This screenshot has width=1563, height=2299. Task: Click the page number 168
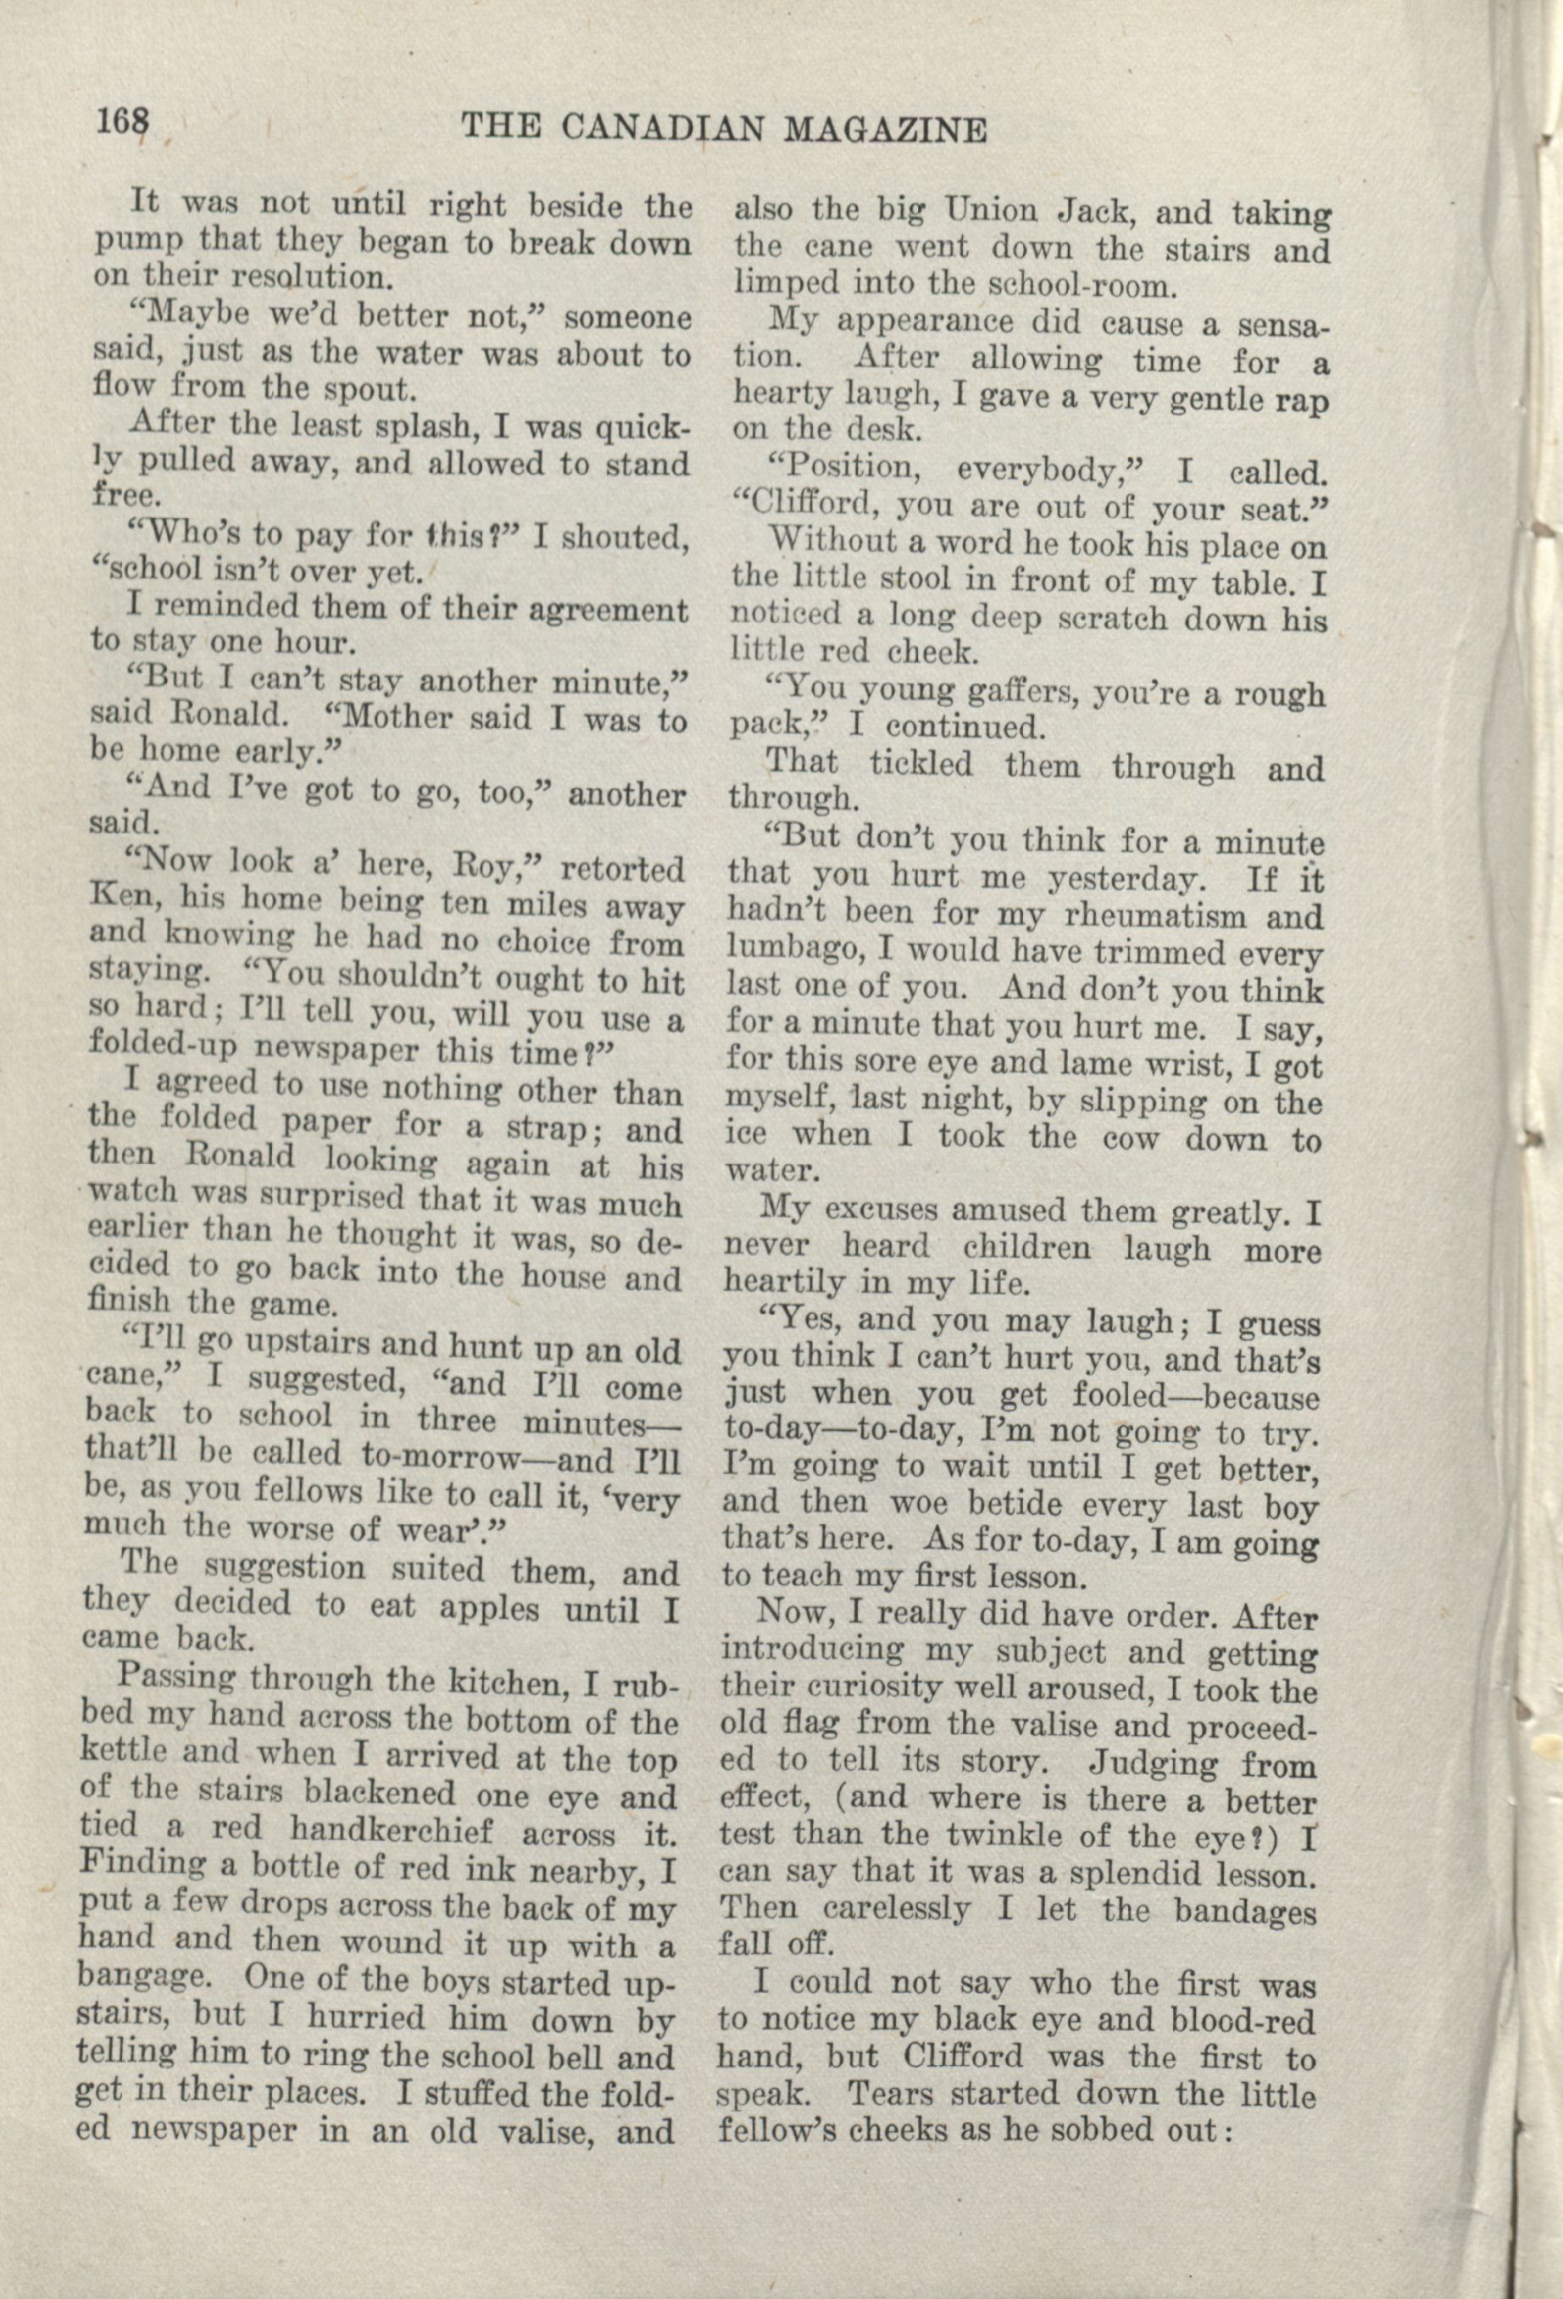pos(123,123)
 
